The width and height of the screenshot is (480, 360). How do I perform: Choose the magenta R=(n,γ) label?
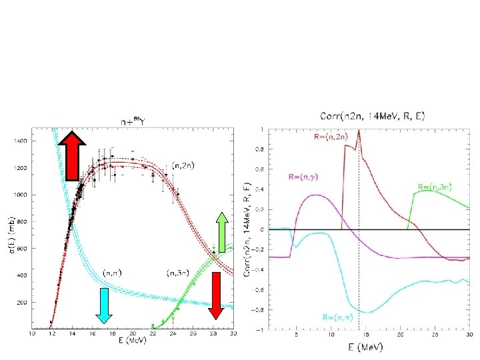click(303, 177)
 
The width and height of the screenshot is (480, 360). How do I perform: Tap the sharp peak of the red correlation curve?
click(359, 131)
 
